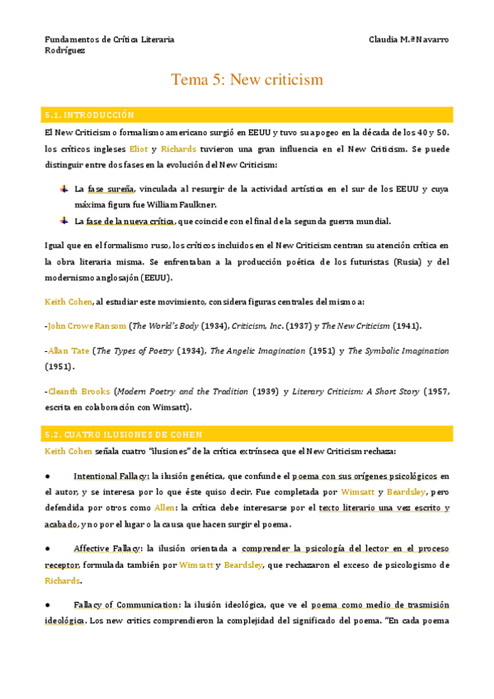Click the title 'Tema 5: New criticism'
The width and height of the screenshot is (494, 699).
point(247,80)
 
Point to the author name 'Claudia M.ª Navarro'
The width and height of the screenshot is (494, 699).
point(411,40)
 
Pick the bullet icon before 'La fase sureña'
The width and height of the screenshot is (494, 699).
point(64,189)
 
